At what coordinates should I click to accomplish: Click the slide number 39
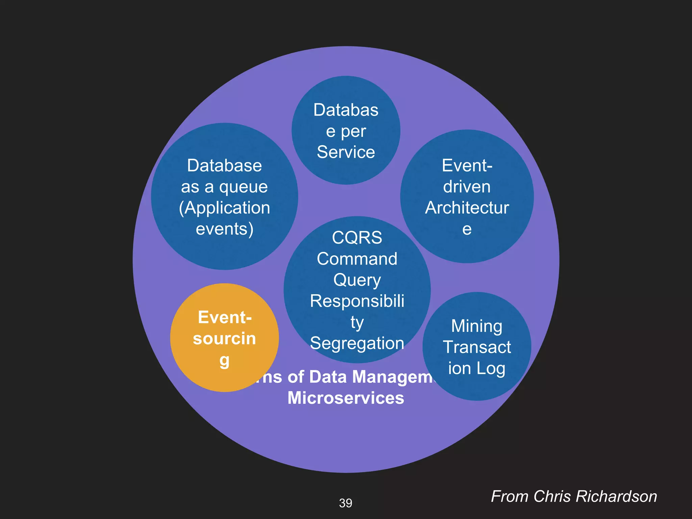coord(345,503)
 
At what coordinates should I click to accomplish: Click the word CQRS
coord(357,238)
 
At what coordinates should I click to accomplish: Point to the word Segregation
coord(357,343)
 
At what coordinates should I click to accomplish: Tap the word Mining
coord(476,326)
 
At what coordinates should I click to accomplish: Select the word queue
coord(243,187)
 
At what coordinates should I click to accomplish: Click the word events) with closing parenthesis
coord(224,229)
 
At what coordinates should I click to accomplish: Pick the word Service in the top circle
coord(346,152)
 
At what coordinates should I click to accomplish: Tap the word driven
coord(467,187)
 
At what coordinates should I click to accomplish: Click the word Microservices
coord(346,398)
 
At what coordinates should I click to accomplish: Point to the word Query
coord(357,280)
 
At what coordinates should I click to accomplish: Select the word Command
coord(357,259)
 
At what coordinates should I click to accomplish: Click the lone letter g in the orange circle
coord(224,361)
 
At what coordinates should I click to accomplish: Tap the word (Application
coord(224,208)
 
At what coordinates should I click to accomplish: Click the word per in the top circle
coord(353,131)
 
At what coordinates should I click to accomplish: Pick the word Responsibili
coord(357,301)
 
